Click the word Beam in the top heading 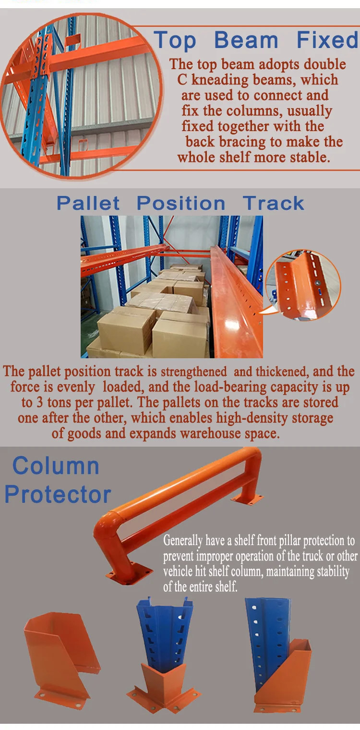click(x=246, y=40)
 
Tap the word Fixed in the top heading click(x=327, y=40)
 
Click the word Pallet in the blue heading click(x=88, y=204)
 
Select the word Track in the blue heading click(x=273, y=204)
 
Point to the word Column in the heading click(x=56, y=466)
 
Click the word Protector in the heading click(x=58, y=495)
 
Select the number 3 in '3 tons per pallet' click(x=39, y=402)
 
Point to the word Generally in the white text click(x=182, y=541)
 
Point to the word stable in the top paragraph click(x=310, y=158)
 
